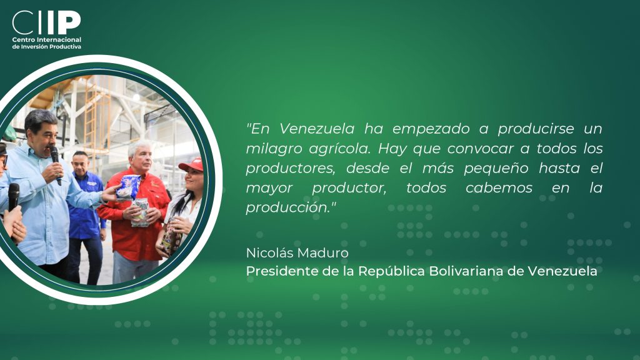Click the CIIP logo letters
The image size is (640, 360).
(46, 22)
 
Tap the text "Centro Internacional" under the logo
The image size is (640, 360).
(46, 39)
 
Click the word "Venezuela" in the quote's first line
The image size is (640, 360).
(317, 129)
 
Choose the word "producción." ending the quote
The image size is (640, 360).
(291, 207)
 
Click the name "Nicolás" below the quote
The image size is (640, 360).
(270, 253)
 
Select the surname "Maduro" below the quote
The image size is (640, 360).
(323, 253)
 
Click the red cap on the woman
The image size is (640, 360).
(191, 164)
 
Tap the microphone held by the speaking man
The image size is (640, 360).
(56, 163)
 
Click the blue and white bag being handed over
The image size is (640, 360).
(128, 187)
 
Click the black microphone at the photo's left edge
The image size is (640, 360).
(14, 197)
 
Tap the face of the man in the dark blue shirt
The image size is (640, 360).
(80, 163)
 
